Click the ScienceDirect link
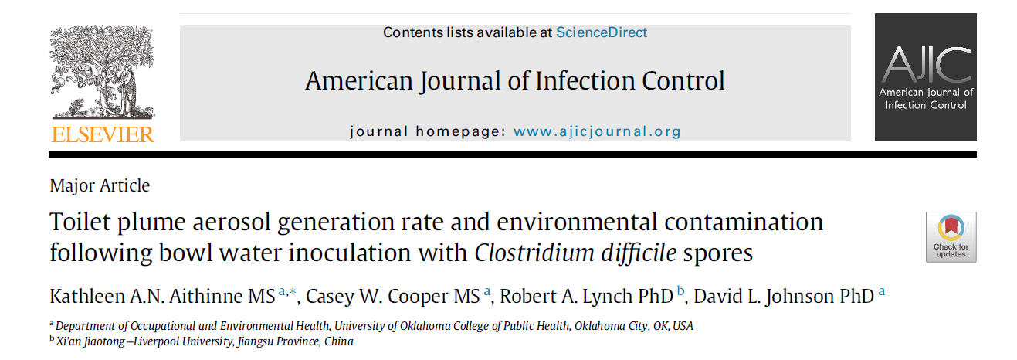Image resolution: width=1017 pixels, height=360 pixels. point(602,32)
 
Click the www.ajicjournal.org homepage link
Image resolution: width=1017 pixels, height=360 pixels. point(597,131)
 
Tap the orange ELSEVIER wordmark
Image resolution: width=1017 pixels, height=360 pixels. point(103,134)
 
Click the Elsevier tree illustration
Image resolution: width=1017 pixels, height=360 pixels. point(103,73)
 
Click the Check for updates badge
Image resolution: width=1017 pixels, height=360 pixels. point(951,236)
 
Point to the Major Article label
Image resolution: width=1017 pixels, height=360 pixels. point(100,185)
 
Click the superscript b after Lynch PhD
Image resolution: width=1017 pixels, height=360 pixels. point(680,290)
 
